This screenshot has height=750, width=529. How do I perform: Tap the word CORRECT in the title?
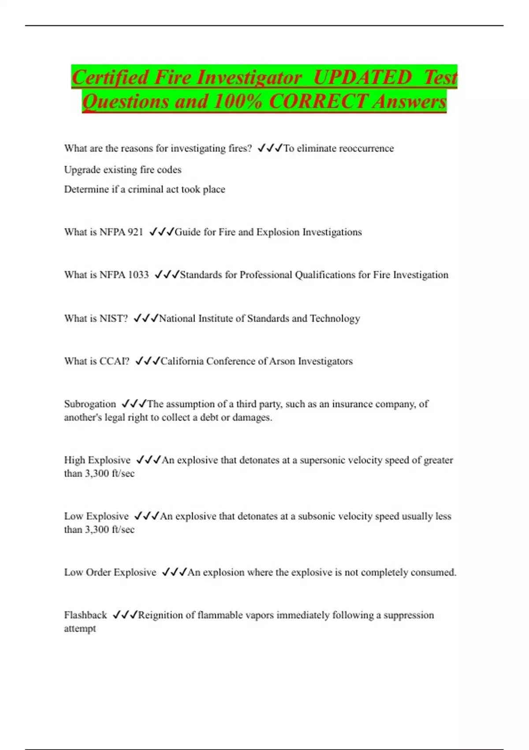[x=318, y=101]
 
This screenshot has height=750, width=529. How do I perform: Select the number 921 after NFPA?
[x=135, y=232]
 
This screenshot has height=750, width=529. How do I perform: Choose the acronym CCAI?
[x=114, y=361]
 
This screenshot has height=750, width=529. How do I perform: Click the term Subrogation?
[x=90, y=404]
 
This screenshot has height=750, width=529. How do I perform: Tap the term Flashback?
[x=86, y=615]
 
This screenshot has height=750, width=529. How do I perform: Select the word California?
[x=182, y=361]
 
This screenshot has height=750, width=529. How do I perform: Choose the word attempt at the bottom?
[x=80, y=629]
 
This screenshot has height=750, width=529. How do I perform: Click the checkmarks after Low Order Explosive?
[x=174, y=572]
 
